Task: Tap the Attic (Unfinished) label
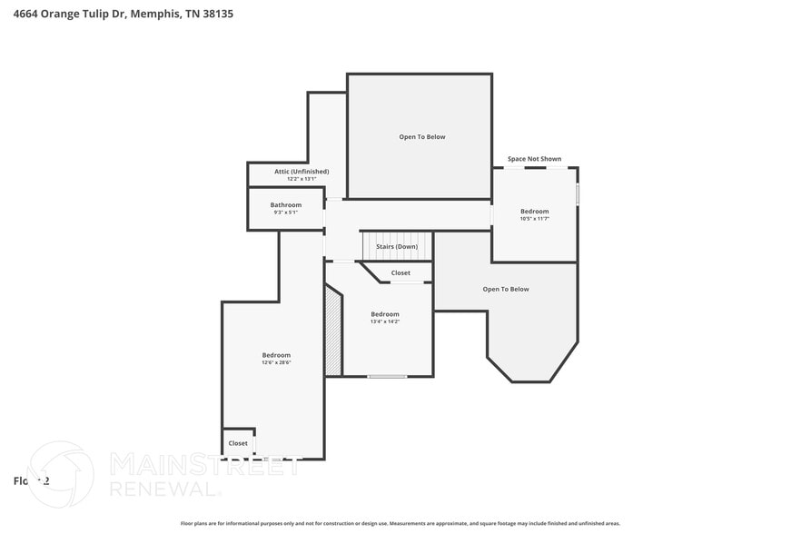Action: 289,171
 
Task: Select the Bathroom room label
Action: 286,204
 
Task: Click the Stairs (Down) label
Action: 397,246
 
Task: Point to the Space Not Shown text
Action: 534,159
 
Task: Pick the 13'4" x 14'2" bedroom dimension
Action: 385,321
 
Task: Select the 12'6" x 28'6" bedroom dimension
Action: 276,362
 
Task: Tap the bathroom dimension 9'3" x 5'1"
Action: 286,213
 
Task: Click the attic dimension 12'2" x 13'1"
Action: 289,179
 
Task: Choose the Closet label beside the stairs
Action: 400,272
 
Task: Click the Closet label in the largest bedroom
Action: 238,443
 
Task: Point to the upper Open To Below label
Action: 422,137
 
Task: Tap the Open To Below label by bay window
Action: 506,289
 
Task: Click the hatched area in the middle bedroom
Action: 333,331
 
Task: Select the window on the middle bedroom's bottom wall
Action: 387,376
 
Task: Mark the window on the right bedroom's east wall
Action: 578,194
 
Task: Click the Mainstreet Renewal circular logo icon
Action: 61,473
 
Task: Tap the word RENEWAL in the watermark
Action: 164,489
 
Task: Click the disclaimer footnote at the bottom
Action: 400,523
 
